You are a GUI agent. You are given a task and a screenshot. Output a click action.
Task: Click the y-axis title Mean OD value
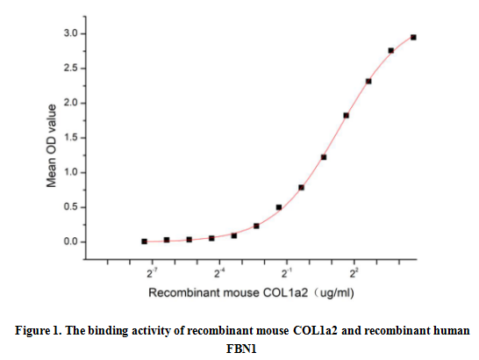[x=53, y=145]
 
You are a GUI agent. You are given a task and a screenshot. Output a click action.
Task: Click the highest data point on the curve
[x=413, y=37]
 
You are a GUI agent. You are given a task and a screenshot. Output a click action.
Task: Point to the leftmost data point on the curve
[x=144, y=241]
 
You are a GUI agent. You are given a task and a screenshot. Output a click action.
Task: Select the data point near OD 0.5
[x=279, y=207]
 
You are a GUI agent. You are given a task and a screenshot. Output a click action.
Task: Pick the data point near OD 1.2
[x=324, y=157]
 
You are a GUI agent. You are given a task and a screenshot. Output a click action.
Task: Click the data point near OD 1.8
[x=347, y=115]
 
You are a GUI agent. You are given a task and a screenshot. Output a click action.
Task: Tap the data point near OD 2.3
[x=368, y=81]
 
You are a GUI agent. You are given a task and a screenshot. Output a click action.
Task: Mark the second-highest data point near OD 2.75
[x=391, y=50]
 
